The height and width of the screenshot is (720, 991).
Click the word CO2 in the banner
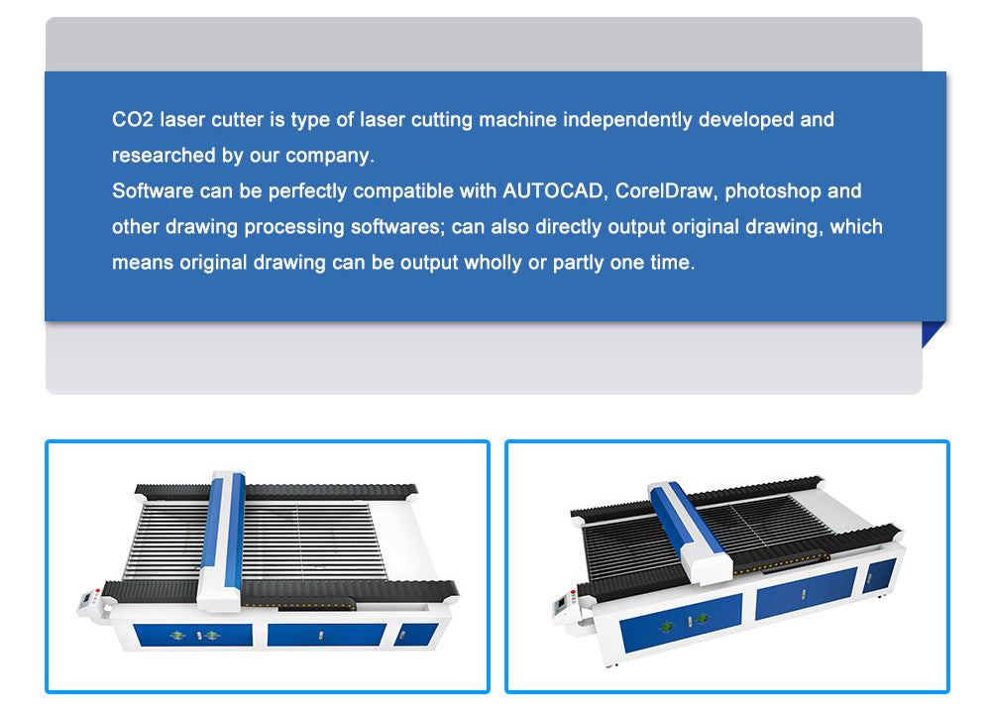(x=133, y=120)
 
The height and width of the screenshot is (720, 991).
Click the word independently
(x=627, y=120)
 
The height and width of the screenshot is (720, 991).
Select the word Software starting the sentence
(x=153, y=191)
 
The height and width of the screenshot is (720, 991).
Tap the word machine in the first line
(x=517, y=120)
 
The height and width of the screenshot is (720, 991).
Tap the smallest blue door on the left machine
(x=415, y=634)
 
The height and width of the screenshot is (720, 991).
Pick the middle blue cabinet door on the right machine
(x=806, y=593)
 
